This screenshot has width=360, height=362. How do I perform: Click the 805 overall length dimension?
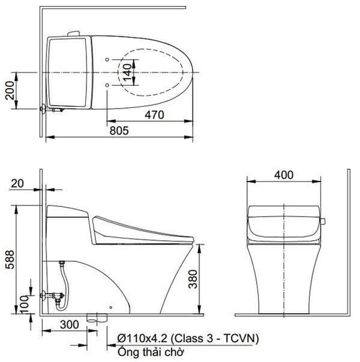pos(119,130)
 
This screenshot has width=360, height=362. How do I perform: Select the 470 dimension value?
pos(155,115)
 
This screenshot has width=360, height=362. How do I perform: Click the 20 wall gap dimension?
pos(16,183)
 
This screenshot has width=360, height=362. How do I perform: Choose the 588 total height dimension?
pos(8,259)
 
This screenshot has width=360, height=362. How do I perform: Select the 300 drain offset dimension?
pos(70,325)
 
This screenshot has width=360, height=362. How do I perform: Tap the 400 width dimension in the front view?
pos(283,175)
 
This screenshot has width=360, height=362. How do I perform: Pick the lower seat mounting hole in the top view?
pos(107,85)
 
